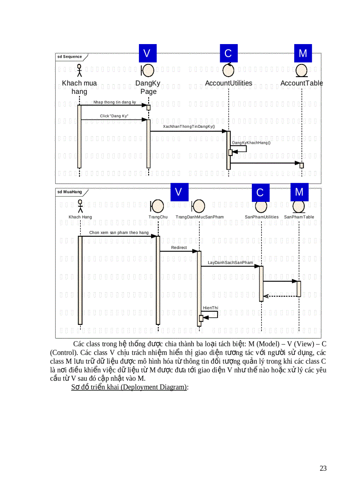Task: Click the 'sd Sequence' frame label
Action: click(x=70, y=56)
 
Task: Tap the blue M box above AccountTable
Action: click(x=303, y=53)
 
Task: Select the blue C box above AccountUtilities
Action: click(x=228, y=53)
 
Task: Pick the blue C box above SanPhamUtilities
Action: click(x=260, y=192)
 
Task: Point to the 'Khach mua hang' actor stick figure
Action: click(x=79, y=71)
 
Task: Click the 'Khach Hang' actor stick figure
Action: click(x=80, y=206)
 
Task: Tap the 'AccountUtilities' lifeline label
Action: click(x=229, y=83)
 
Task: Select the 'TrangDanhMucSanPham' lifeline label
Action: click(x=199, y=217)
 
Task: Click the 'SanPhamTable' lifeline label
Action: click(x=299, y=217)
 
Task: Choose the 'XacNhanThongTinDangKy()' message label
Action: click(x=189, y=127)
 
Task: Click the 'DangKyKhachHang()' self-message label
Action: click(x=251, y=142)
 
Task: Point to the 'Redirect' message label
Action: click(x=179, y=248)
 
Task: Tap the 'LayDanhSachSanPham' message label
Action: click(x=230, y=263)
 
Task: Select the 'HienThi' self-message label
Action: click(x=210, y=308)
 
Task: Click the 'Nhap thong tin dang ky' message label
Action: click(x=115, y=102)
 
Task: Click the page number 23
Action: click(x=323, y=468)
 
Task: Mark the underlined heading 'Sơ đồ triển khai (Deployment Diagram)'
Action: click(x=130, y=387)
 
